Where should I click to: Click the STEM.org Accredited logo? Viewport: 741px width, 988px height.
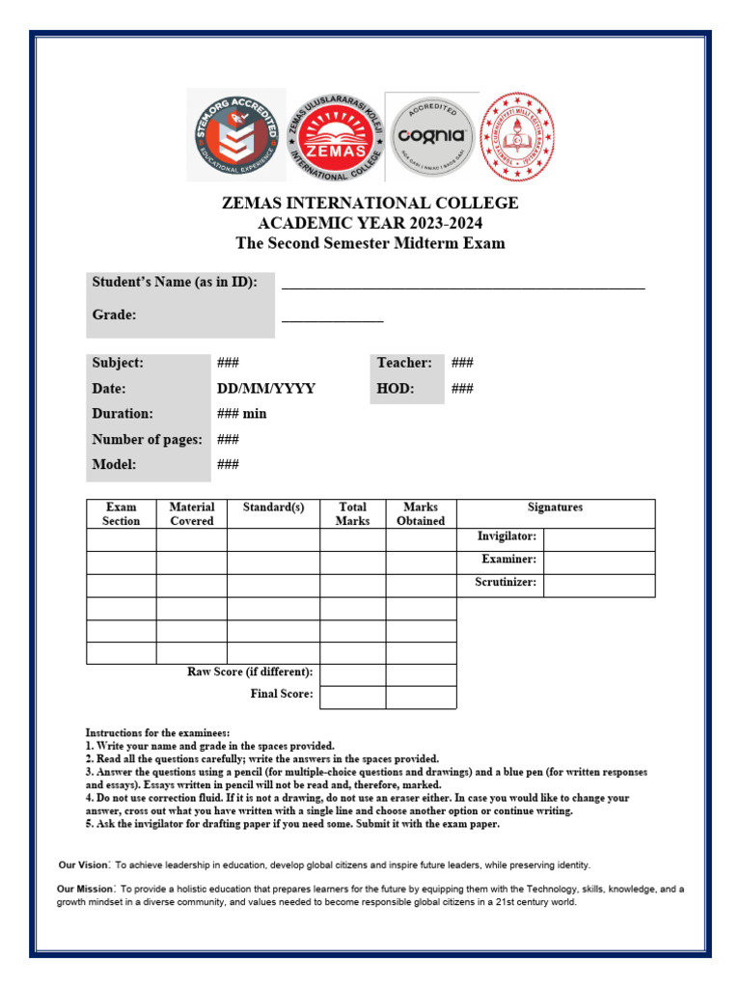pos(236,134)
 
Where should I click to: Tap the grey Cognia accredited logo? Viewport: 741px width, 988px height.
pos(432,135)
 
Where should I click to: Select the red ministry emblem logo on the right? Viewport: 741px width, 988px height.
pos(518,134)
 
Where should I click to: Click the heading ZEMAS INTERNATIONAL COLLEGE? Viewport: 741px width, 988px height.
pos(370,204)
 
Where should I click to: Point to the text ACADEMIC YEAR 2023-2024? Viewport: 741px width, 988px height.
pos(370,224)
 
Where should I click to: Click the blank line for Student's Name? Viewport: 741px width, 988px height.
pos(463,285)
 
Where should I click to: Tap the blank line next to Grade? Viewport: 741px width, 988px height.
pos(332,316)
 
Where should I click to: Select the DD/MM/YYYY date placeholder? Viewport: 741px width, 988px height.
pos(266,389)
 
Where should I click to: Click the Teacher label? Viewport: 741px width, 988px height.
pos(404,363)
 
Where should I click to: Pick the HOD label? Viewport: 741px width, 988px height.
pos(396,389)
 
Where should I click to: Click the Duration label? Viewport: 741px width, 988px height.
pos(123,414)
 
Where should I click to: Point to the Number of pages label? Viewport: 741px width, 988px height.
pos(147,440)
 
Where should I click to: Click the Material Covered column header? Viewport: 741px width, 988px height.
pos(192,513)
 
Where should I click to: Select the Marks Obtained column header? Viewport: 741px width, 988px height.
pos(421,513)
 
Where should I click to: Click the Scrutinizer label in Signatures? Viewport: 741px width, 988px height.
pos(506,583)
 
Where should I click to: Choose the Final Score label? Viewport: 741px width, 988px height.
pos(282,694)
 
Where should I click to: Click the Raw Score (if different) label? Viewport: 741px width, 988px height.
pos(250,672)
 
